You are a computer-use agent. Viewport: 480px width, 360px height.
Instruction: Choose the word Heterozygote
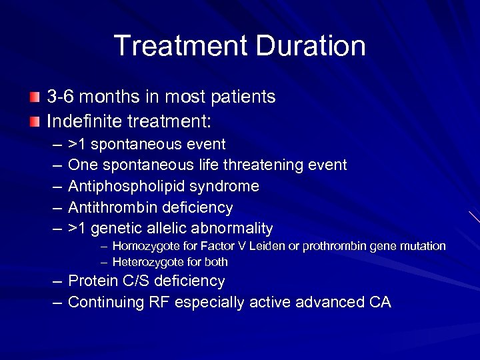click(x=147, y=262)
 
